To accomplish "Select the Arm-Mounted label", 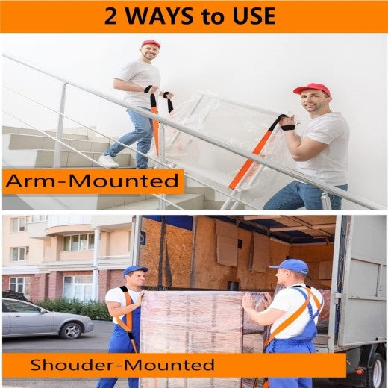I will tap(93, 181).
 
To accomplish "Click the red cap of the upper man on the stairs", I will tap(151, 44).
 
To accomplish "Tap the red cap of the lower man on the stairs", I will tap(312, 89).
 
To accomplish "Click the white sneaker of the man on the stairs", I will tap(108, 160).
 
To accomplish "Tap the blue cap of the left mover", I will tap(135, 270).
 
